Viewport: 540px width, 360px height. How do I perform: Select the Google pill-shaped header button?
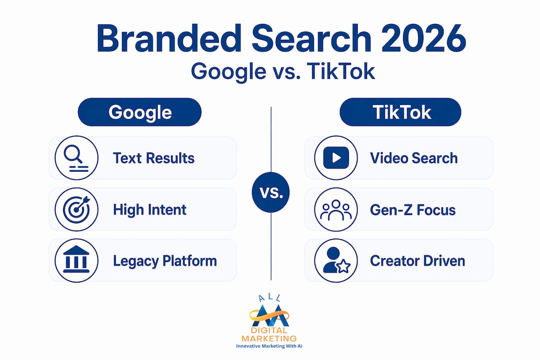click(x=139, y=112)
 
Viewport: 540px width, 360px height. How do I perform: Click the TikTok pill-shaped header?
click(x=400, y=112)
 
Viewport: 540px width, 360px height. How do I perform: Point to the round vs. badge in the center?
click(x=270, y=192)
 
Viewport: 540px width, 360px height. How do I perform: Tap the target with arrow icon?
click(x=76, y=209)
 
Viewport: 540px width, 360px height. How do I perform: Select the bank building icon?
click(x=76, y=260)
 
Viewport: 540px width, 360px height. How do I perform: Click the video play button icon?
click(x=336, y=158)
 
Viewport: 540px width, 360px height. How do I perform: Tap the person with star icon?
click(x=336, y=260)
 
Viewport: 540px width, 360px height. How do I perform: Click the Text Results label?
click(x=153, y=158)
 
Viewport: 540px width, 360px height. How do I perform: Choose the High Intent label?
click(x=150, y=210)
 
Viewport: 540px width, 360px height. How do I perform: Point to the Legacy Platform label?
click(x=165, y=261)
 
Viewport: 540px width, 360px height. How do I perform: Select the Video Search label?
click(x=414, y=158)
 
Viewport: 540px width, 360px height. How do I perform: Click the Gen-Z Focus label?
click(x=413, y=210)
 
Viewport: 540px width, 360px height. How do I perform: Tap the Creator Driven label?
click(x=417, y=261)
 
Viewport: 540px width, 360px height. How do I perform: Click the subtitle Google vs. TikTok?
click(x=283, y=71)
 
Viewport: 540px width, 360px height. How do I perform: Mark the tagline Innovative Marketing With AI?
click(x=269, y=346)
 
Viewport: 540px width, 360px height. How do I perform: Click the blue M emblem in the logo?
click(x=270, y=315)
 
